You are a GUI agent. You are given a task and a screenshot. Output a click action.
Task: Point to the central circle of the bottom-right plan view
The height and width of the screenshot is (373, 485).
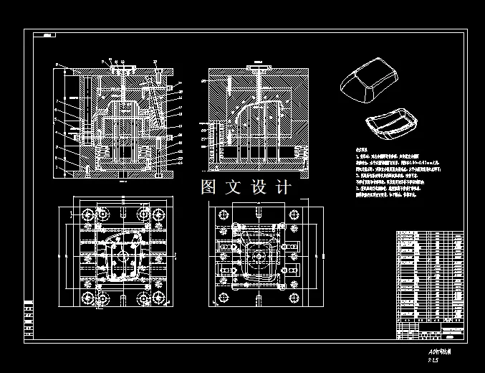pos(257,256)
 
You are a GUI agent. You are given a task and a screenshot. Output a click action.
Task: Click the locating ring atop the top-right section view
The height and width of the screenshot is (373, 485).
pos(257,67)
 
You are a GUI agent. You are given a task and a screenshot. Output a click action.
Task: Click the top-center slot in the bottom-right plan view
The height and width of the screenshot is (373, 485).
pos(257,213)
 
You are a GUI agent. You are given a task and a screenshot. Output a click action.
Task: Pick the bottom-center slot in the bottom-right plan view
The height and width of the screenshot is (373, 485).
pos(257,299)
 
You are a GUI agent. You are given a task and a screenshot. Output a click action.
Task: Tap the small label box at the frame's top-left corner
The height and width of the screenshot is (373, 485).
pos(48,35)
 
